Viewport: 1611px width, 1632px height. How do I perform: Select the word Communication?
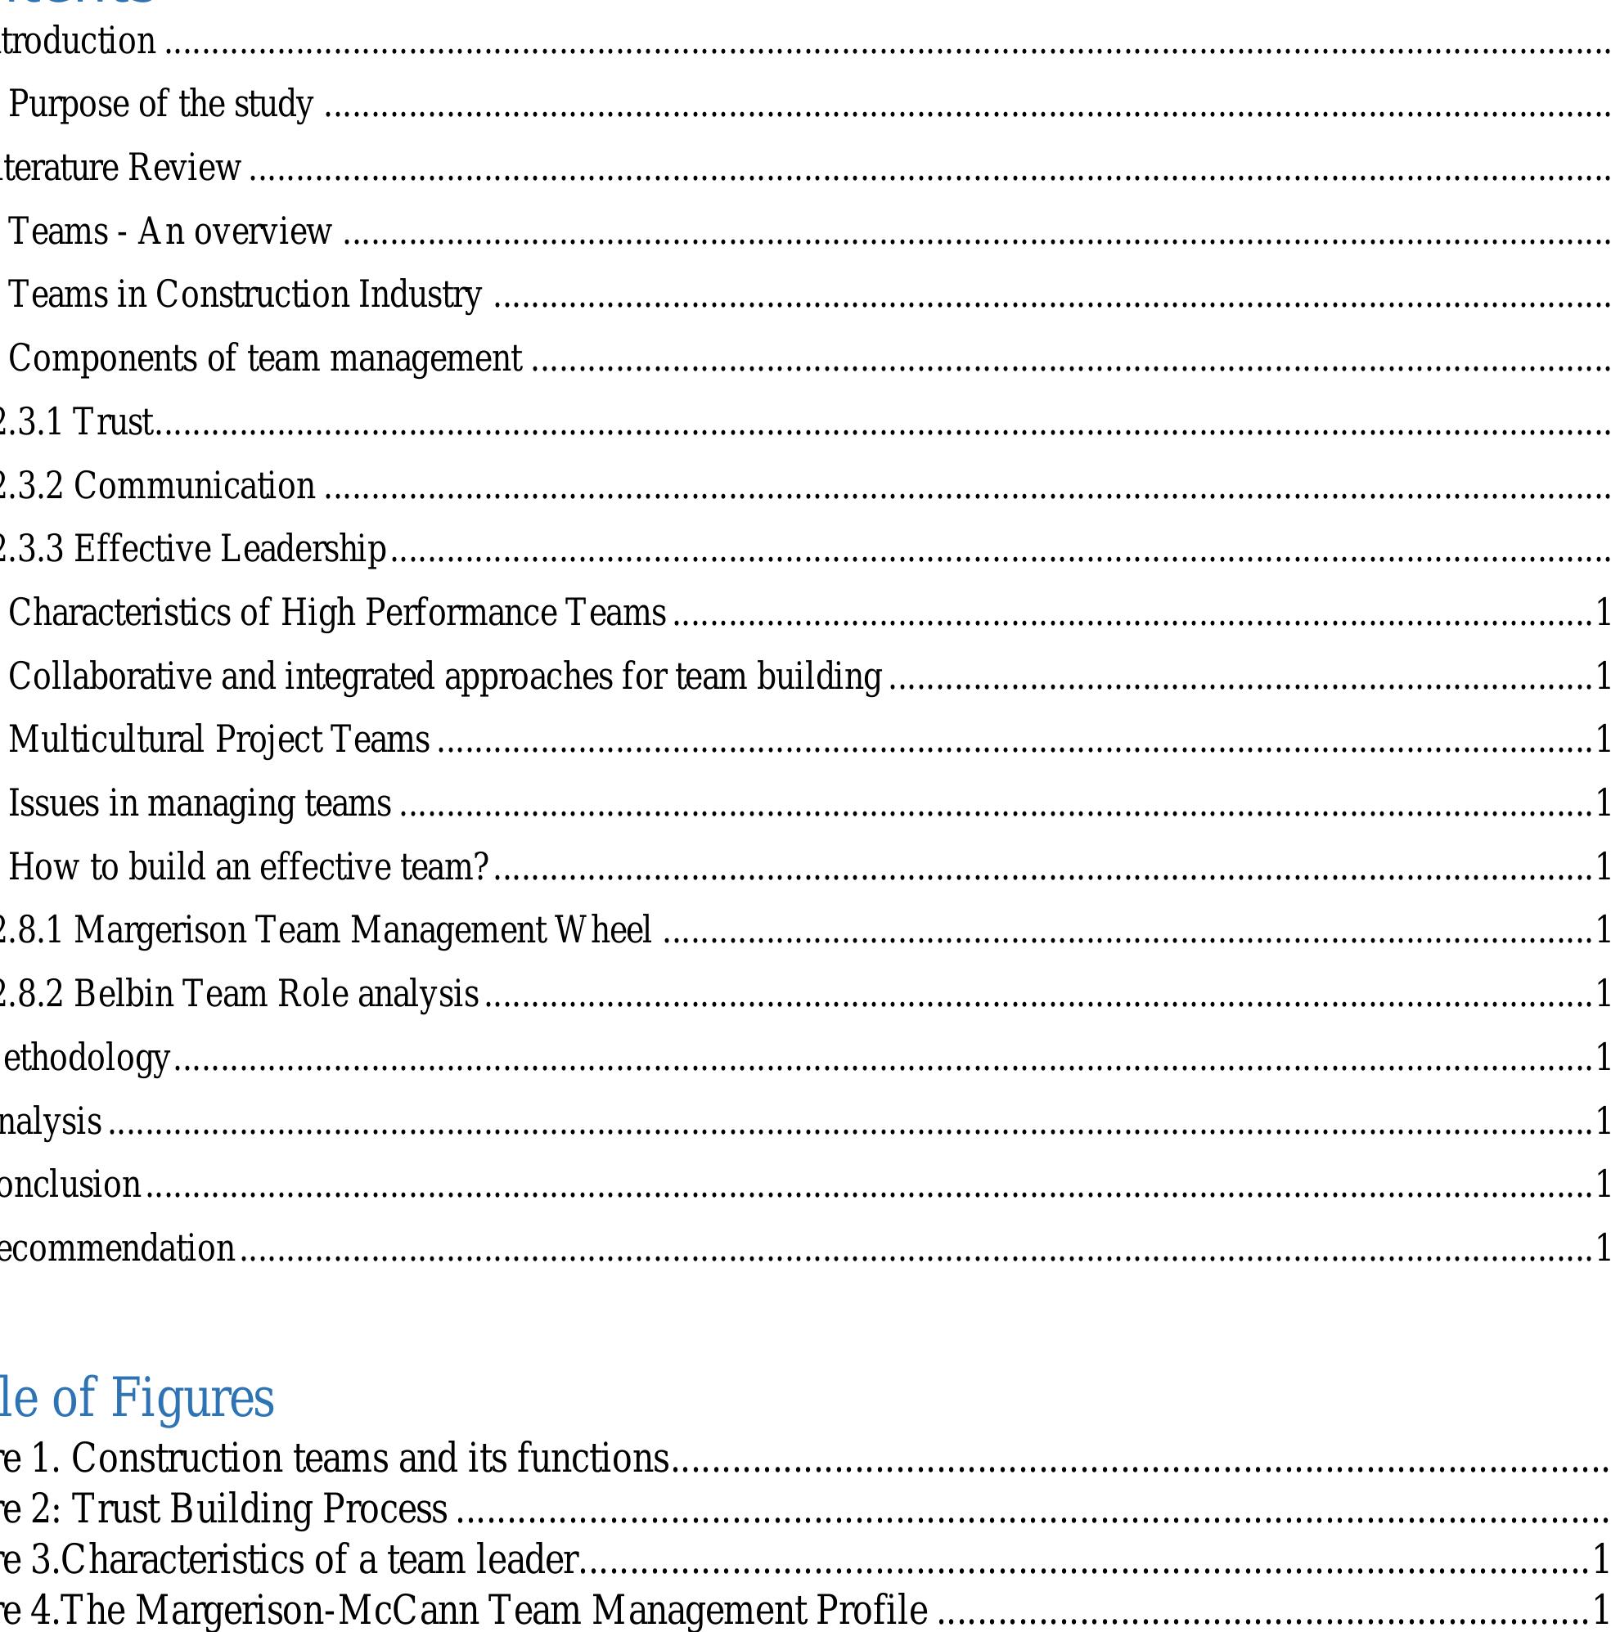[x=194, y=487]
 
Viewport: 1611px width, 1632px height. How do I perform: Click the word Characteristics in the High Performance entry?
[x=119, y=614]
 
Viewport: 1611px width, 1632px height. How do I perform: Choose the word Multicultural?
[x=106, y=740]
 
